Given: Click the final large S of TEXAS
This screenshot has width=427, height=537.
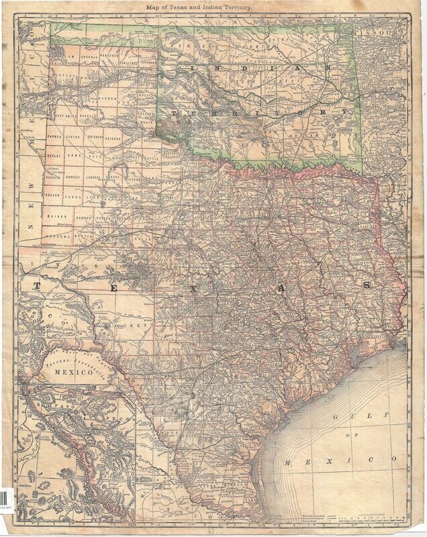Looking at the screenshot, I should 367,285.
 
